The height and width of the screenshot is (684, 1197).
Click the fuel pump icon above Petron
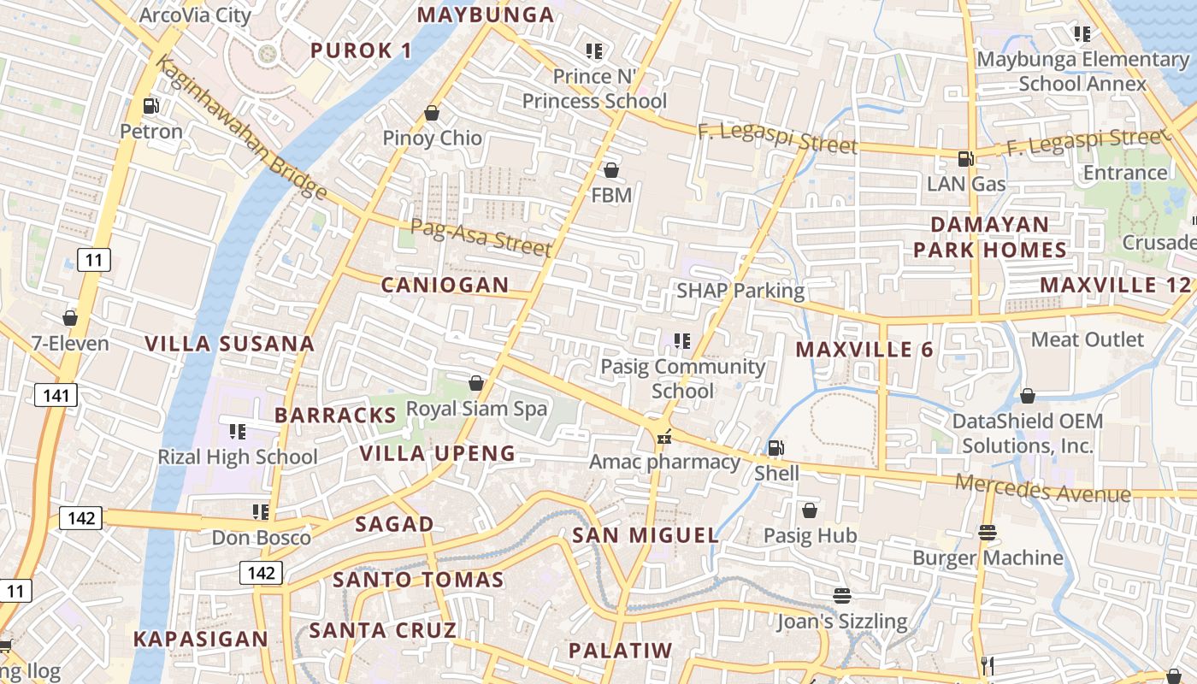coord(151,106)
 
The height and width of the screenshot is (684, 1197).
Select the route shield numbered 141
coord(56,394)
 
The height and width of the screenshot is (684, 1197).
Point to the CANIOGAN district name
coord(445,286)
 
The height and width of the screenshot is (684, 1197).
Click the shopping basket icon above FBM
coord(611,170)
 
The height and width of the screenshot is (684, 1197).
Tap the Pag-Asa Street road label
coord(481,237)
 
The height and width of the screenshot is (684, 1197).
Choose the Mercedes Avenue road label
coord(1042,488)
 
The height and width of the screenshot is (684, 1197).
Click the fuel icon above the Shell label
coord(775,447)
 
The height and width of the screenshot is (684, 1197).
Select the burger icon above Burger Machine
coord(988,533)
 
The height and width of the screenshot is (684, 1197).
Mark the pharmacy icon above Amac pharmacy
coord(663,438)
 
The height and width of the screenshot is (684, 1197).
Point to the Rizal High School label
coord(237,457)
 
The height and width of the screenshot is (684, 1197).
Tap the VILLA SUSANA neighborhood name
coord(229,345)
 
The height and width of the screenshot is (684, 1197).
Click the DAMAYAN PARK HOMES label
coord(989,237)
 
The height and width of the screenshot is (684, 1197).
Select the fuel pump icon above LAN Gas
coord(965,158)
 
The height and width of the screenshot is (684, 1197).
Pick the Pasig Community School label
coord(683,379)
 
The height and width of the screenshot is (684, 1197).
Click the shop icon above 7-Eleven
coord(70,318)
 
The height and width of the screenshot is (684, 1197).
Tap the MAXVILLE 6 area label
coord(864,350)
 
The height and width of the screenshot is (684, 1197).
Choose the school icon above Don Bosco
coord(261,511)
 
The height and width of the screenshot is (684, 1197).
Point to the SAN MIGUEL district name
coord(646,536)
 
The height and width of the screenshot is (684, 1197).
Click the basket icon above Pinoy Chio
coord(432,113)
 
